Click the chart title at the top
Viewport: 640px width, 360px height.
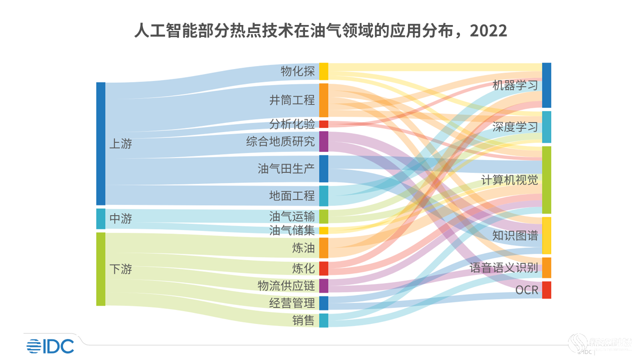coord(320,30)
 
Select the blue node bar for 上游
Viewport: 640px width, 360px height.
coord(100,143)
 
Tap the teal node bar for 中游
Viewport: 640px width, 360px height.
coord(100,218)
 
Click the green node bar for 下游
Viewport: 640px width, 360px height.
coord(100,269)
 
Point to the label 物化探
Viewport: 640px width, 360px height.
coord(297,71)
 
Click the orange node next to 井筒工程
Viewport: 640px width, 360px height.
coord(323,100)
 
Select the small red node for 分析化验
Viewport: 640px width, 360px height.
coord(323,124)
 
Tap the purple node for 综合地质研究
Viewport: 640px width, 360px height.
coord(323,141)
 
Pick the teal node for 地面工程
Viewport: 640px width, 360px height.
coord(323,195)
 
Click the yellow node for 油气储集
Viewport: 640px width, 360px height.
coord(323,230)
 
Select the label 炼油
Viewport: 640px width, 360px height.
coord(303,248)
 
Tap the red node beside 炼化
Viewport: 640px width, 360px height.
coord(323,268)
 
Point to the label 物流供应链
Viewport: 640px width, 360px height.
coord(286,285)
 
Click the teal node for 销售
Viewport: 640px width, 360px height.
coord(323,320)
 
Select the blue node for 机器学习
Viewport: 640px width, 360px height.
coord(546,85)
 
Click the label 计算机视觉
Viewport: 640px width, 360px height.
coord(509,180)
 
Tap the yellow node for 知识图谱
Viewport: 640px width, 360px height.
coord(546,235)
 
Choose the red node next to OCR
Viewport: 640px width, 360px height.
coord(546,290)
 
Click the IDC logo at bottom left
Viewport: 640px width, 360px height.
coord(50,345)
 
